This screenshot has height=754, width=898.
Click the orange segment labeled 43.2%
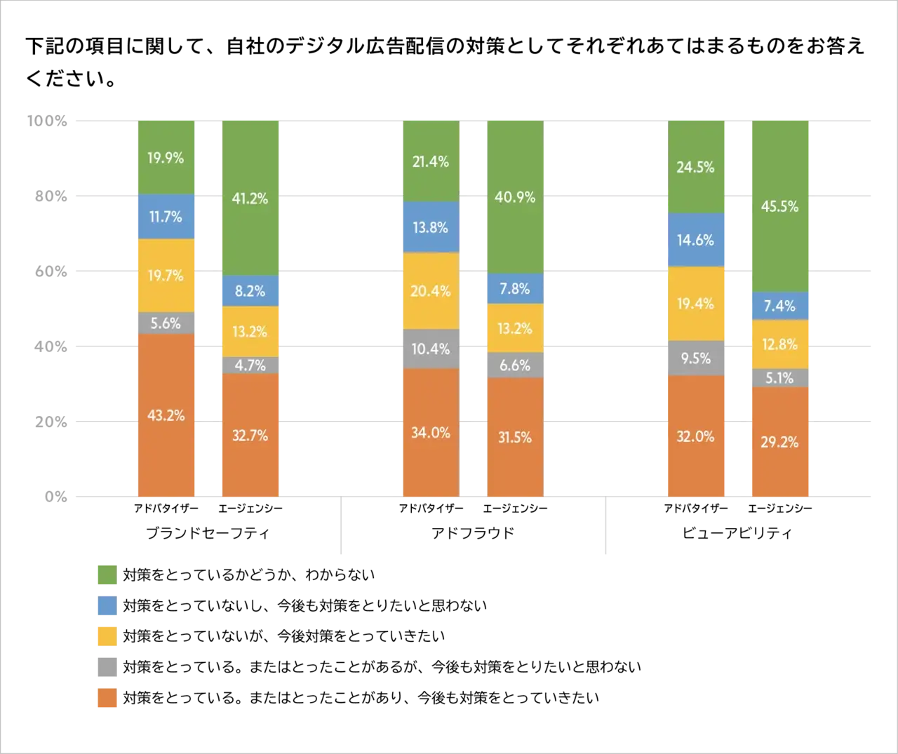coord(166,415)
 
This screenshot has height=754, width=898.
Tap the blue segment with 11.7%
coord(166,217)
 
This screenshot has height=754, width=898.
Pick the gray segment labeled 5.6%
coord(166,323)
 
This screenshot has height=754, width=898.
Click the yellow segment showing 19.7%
coord(166,276)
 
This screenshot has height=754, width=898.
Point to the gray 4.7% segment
coord(250,365)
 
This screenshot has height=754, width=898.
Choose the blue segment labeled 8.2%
coord(250,290)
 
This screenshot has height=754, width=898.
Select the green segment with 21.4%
coord(430,161)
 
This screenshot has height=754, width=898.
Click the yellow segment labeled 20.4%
coord(430,290)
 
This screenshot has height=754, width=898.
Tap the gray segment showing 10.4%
coord(430,349)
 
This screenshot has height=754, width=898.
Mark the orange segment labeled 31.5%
coord(514,437)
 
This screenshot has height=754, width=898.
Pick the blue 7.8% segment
coord(514,288)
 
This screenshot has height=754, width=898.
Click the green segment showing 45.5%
coord(779,206)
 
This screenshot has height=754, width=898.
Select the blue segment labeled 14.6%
coord(695,240)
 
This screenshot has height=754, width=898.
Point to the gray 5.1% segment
coord(779,378)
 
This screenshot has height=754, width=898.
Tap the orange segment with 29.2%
coord(779,442)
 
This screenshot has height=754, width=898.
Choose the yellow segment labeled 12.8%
coord(779,344)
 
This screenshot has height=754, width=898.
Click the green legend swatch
coord(107,574)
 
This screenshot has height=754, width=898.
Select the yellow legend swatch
coord(107,636)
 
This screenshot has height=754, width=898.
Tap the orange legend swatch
coord(107,699)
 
